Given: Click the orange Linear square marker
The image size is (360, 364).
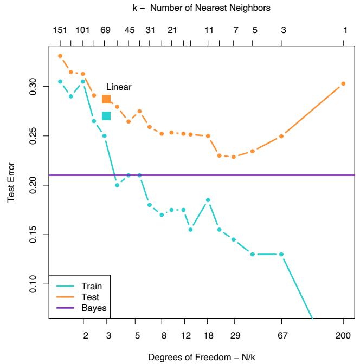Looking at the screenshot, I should [x=106, y=99].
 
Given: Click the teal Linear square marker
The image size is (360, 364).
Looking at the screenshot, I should [x=106, y=116].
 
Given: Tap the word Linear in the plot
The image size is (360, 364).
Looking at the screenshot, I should [x=119, y=87].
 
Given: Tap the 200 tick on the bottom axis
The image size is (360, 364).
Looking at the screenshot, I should [x=343, y=336].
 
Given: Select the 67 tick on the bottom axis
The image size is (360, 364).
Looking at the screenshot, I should [x=282, y=336].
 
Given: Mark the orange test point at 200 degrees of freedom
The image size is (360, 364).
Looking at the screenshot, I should [x=343, y=83].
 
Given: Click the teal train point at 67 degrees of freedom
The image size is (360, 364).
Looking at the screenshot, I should [x=282, y=254].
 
